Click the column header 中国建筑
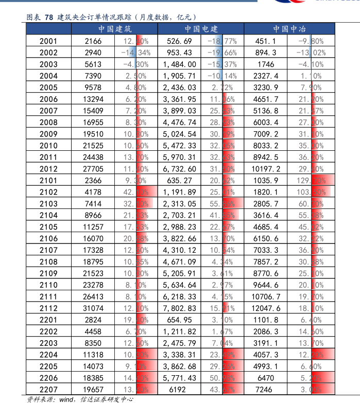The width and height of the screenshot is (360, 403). pyautogui.click(x=115, y=29)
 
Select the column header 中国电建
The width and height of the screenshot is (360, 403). pyautogui.click(x=201, y=29)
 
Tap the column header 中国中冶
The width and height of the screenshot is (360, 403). pyautogui.click(x=288, y=29)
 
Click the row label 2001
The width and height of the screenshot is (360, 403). pyautogui.click(x=48, y=41)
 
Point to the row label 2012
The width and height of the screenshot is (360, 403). pyautogui.click(x=48, y=169)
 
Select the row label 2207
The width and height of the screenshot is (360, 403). pyautogui.click(x=48, y=390)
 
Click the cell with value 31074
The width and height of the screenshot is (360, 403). pyautogui.click(x=93, y=308)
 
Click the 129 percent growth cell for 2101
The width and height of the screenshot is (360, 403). pyautogui.click(x=311, y=181)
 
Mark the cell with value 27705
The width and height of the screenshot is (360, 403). pyautogui.click(x=93, y=169)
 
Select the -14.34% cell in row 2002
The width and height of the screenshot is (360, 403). pyautogui.click(x=135, y=52)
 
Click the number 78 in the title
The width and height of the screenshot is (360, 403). pyautogui.click(x=49, y=17)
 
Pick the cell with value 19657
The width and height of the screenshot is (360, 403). pyautogui.click(x=93, y=390)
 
